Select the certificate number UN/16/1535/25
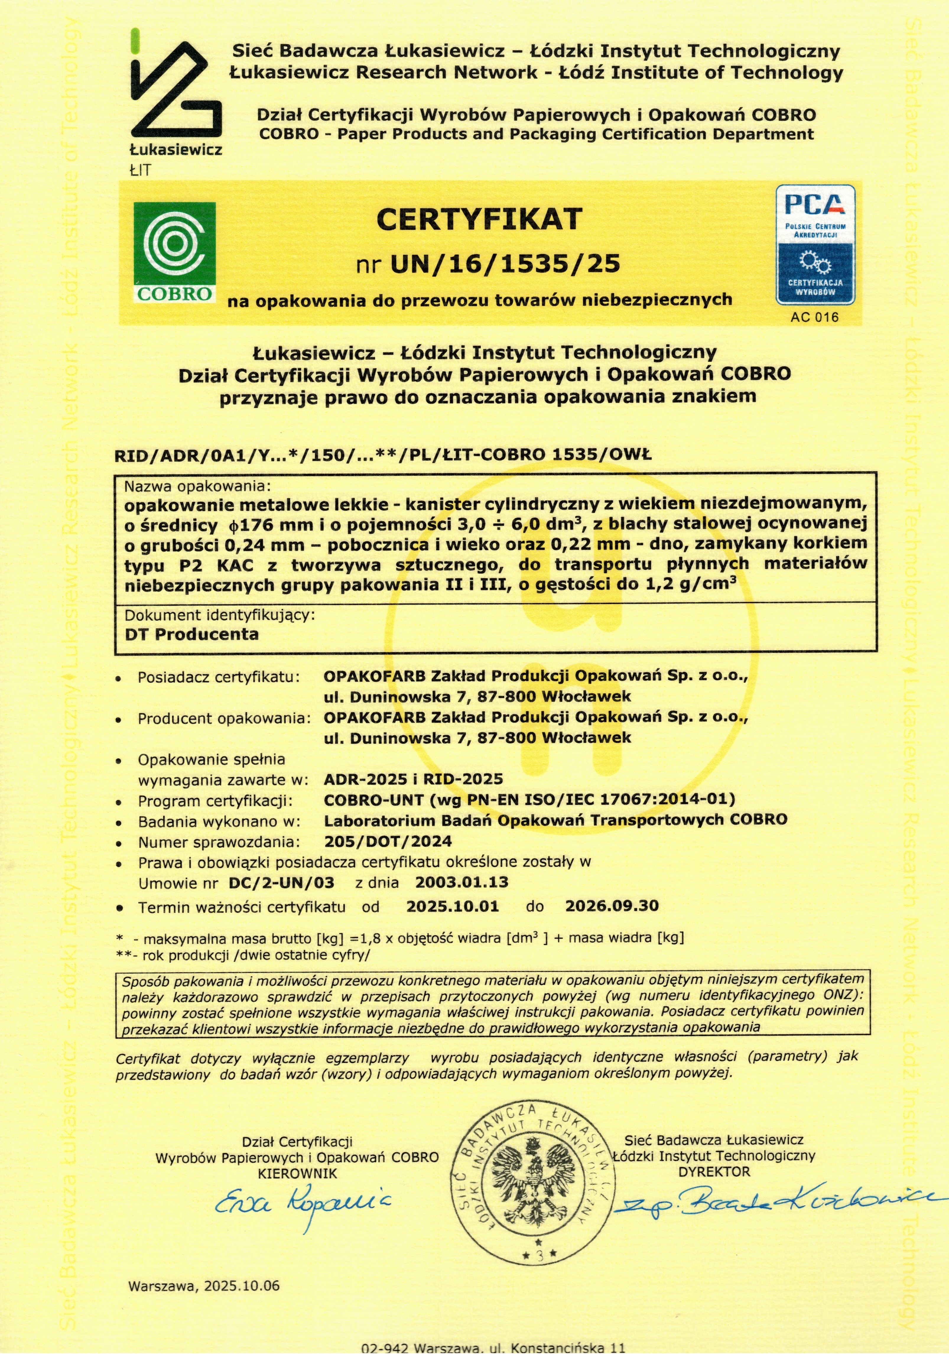click(505, 264)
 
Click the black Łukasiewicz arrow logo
click(176, 88)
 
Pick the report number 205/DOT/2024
click(388, 842)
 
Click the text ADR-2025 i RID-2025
click(413, 779)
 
